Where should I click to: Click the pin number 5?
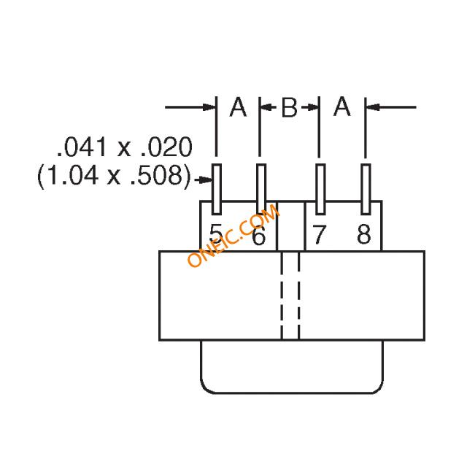(216, 234)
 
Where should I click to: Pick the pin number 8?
(363, 235)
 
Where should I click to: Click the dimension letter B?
(290, 108)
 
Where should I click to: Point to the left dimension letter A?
(238, 107)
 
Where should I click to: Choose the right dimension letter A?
(342, 107)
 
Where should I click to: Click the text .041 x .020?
(125, 149)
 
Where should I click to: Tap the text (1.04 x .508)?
(115, 176)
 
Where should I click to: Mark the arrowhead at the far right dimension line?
(371, 108)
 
